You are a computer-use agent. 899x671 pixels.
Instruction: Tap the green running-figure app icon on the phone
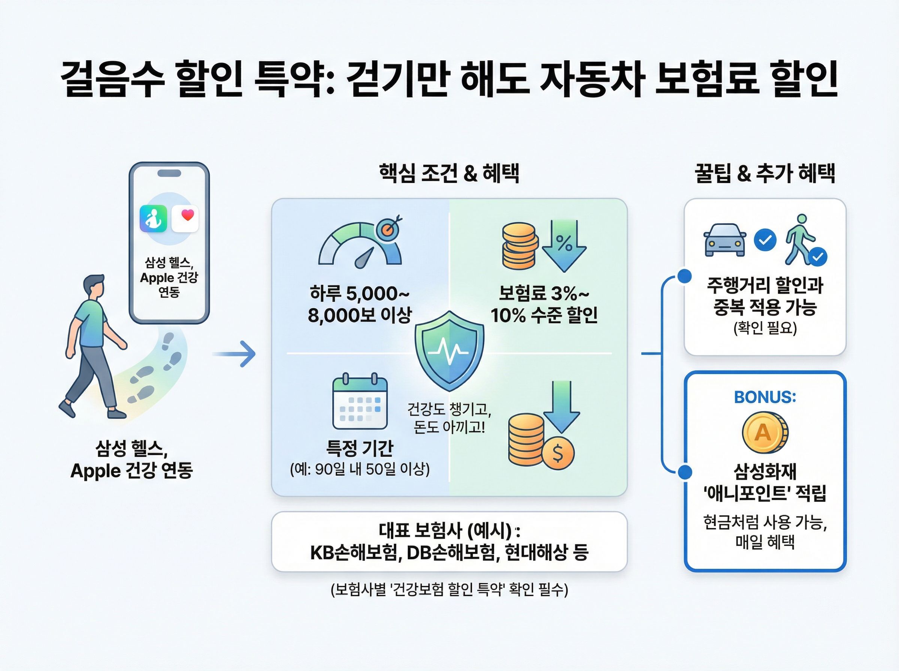point(153,219)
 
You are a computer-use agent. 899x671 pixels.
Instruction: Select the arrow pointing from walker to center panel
point(234,354)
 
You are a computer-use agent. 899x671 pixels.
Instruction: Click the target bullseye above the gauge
point(388,230)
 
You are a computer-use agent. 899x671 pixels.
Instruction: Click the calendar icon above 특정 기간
point(360,402)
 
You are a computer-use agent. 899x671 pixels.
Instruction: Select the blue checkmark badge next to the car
point(765,240)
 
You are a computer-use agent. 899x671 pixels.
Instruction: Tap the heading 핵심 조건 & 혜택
point(449,173)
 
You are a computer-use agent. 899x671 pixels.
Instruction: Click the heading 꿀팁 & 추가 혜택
point(765,173)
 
